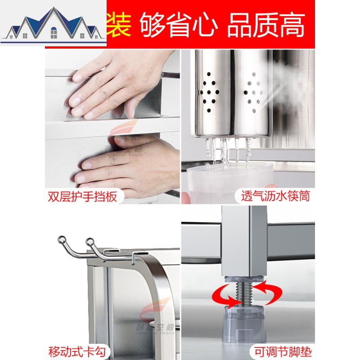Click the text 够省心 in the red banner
[x=178, y=24]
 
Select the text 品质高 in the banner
[x=265, y=24]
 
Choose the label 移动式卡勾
[x=76, y=351]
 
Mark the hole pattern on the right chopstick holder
[x=253, y=92]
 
